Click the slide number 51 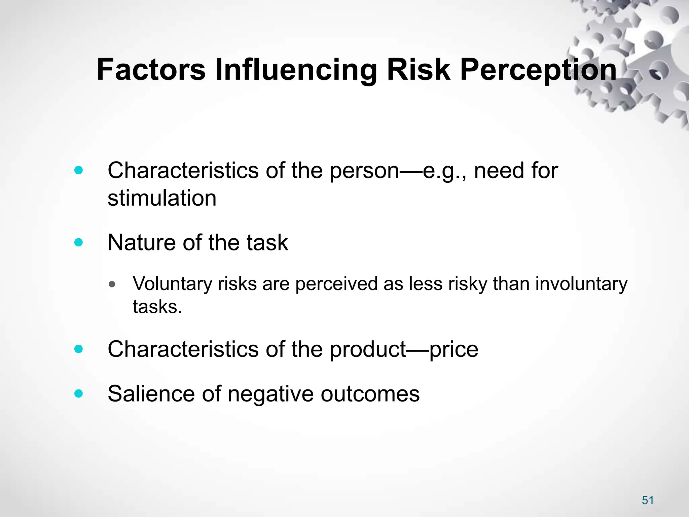point(648,500)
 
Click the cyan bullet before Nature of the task point(78,242)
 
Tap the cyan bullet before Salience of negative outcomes point(78,393)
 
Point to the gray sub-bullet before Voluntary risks point(112,284)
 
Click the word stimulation point(162,198)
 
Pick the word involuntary point(581,284)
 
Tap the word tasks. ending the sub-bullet point(157,307)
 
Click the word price point(454,349)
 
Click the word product point(368,349)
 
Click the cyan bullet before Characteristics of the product point(78,349)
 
